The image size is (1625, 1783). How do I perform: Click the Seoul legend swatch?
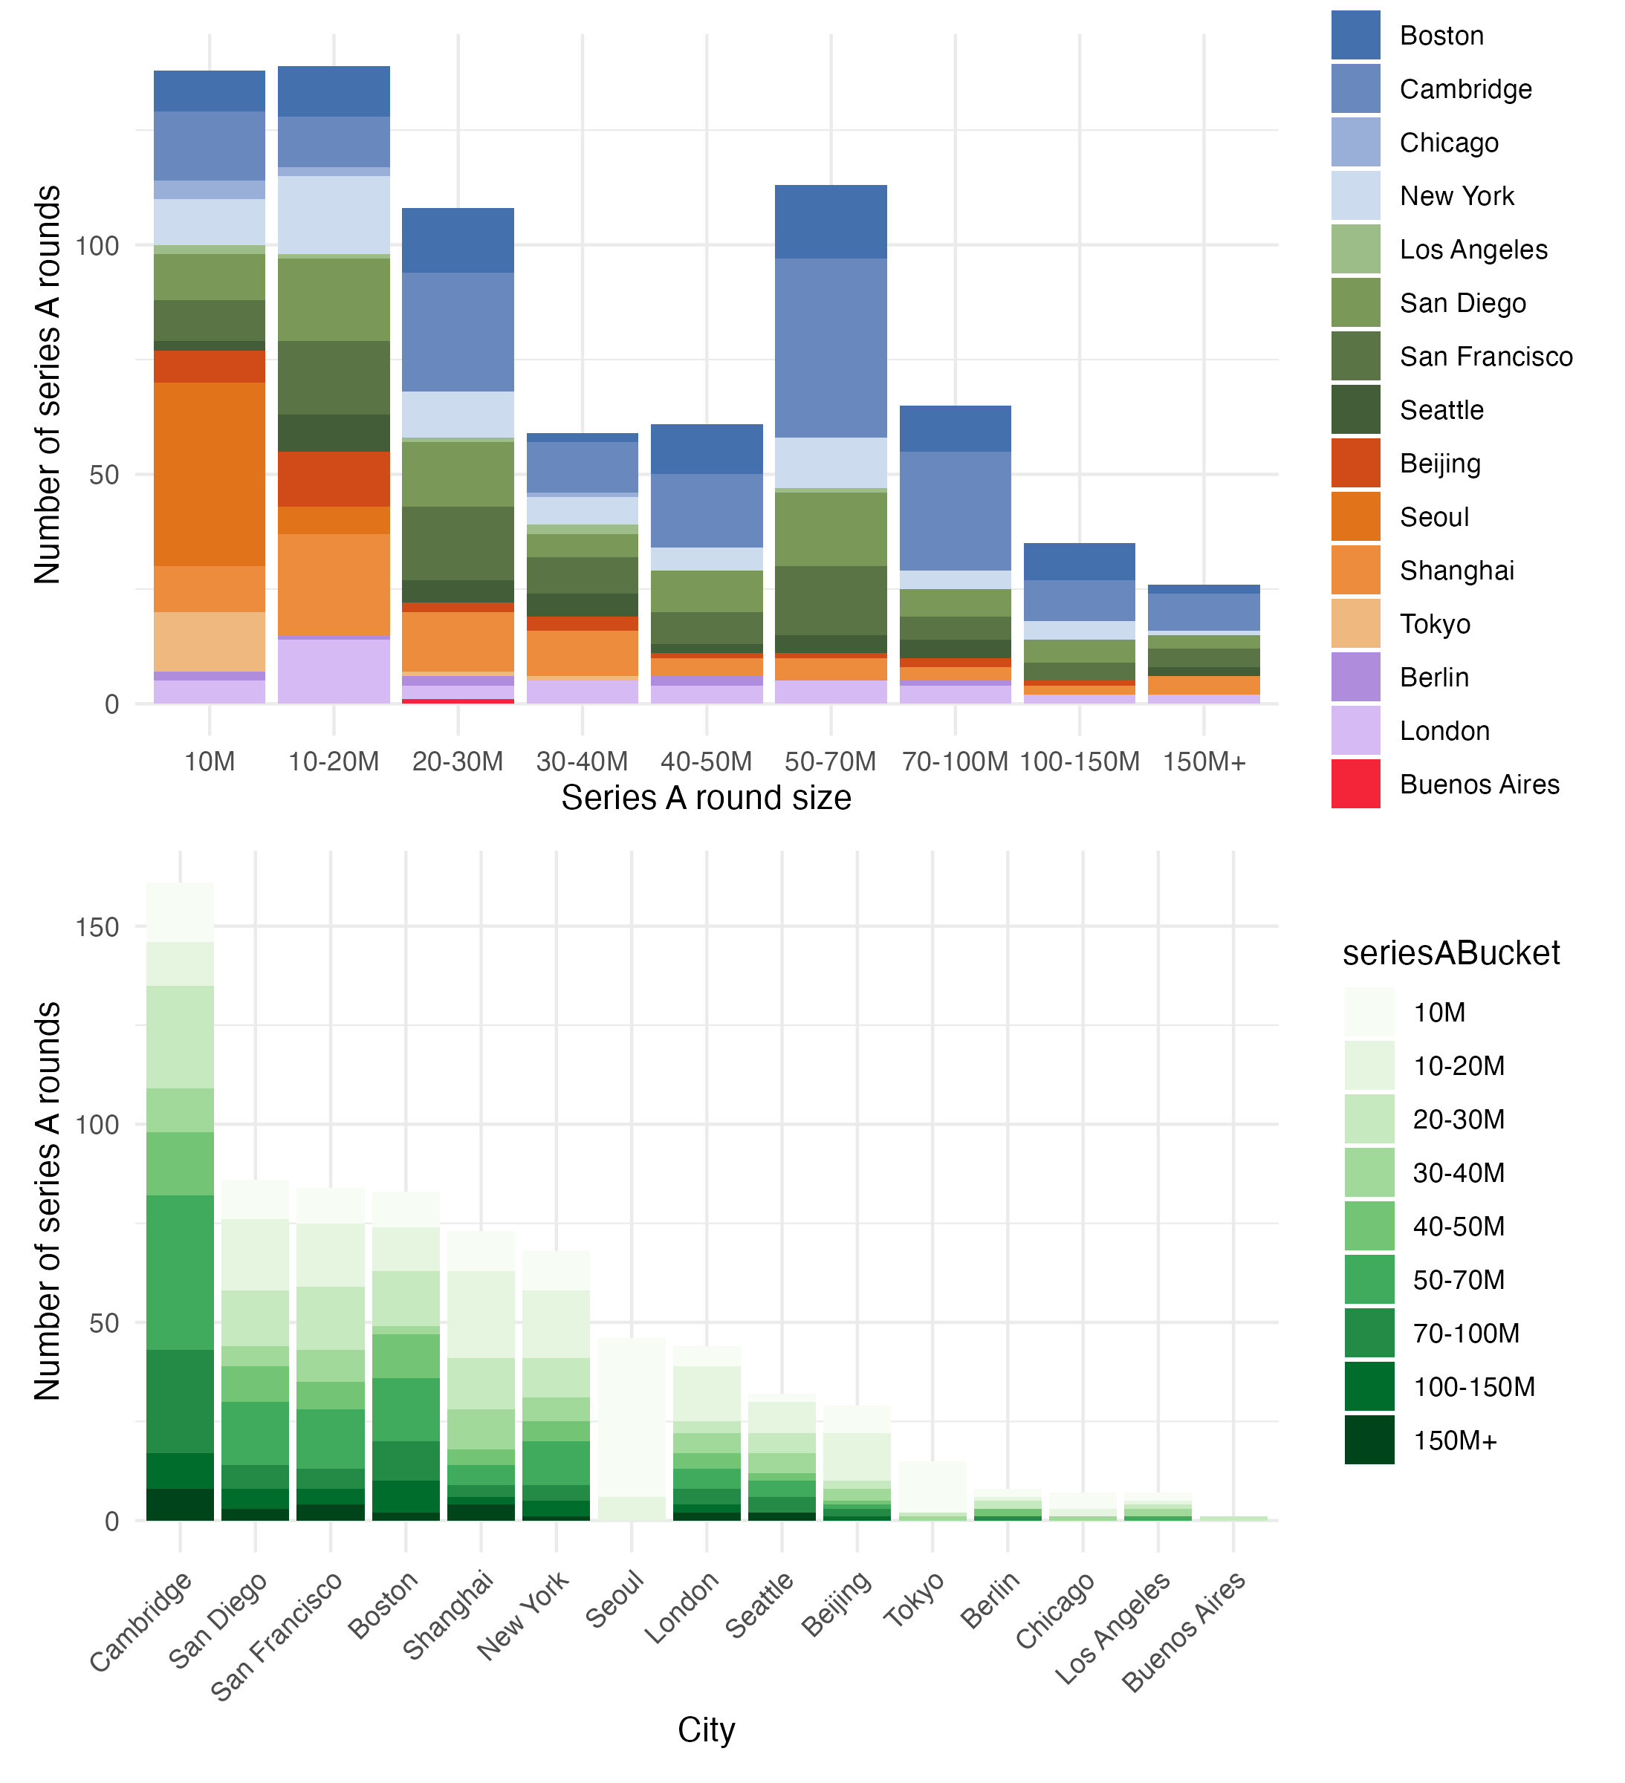pos(1355,516)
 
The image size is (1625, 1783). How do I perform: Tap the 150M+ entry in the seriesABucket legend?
pos(1454,1441)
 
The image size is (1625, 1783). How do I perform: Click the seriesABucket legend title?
pos(1450,953)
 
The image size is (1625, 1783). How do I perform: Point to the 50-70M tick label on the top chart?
pos(830,761)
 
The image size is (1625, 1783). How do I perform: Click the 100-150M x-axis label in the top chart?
pos(1079,761)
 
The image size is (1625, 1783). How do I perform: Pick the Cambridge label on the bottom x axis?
pos(141,1623)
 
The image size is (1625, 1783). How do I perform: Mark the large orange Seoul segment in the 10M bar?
pos(210,474)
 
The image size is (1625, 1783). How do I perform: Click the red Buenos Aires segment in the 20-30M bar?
pos(458,701)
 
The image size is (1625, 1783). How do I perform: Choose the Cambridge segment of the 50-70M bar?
pos(830,348)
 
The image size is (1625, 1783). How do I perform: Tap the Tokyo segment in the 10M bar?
pos(210,641)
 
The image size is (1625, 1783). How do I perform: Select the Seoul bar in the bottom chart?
pos(632,1415)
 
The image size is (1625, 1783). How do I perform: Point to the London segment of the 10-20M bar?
pos(334,670)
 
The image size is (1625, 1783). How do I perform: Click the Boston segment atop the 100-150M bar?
pos(1079,562)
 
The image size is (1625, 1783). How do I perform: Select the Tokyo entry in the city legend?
pos(1434,624)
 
